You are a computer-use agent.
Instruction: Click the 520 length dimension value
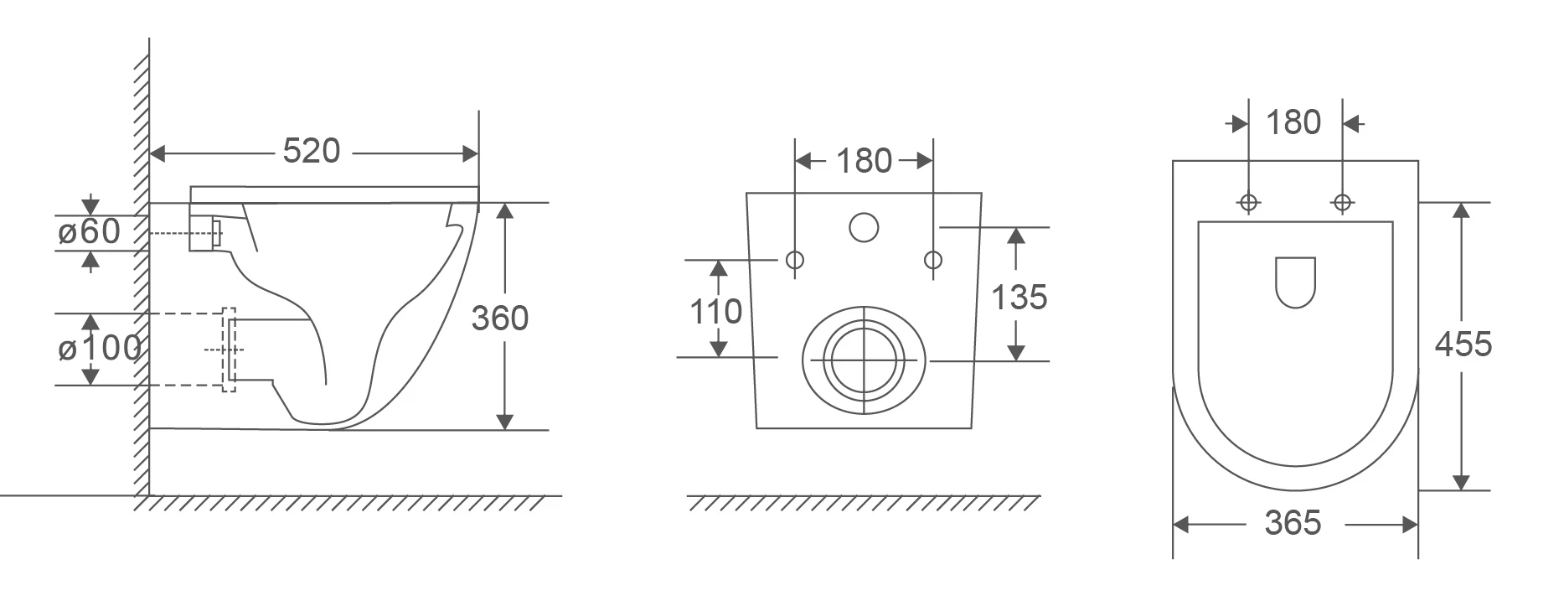point(312,151)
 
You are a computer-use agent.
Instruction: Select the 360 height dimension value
point(500,319)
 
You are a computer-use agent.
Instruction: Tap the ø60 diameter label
point(90,231)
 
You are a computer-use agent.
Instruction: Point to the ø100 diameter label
point(100,348)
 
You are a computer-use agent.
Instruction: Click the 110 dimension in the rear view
point(716,312)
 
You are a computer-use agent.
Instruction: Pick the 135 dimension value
point(1019,298)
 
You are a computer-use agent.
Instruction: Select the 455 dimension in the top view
point(1463,344)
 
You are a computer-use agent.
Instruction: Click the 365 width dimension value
point(1293,523)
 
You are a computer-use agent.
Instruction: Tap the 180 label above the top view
point(1293,123)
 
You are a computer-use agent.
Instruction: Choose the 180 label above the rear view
point(865,161)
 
